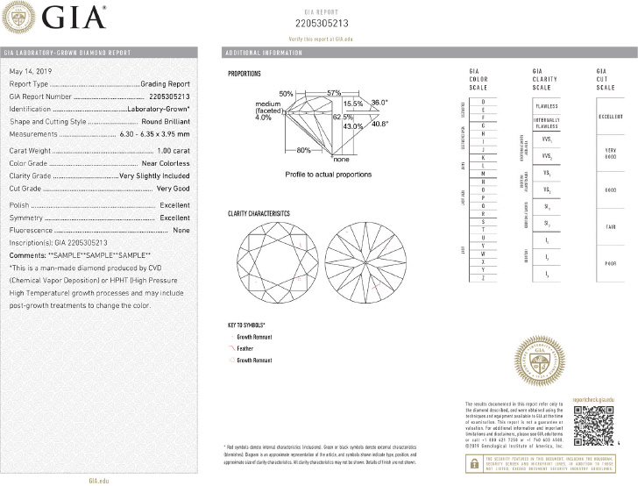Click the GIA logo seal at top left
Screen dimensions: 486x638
pyautogui.click(x=20, y=18)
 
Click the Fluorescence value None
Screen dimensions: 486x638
pyautogui.click(x=181, y=230)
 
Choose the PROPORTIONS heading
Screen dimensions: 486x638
pyautogui.click(x=244, y=75)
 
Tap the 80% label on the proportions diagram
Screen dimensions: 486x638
pyautogui.click(x=303, y=150)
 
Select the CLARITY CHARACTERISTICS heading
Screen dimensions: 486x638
pyautogui.click(x=259, y=214)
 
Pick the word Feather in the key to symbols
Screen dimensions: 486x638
pyautogui.click(x=249, y=347)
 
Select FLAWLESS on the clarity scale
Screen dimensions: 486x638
pyautogui.click(x=545, y=106)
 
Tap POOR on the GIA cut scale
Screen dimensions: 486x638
pyautogui.click(x=604, y=261)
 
